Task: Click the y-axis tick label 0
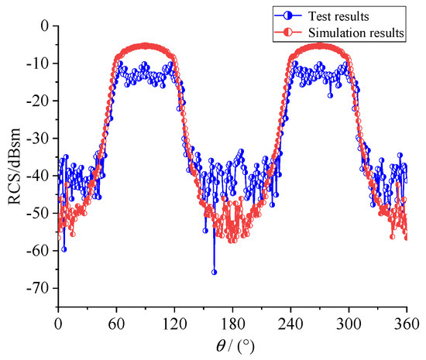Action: pos(48,26)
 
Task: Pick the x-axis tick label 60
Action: pos(116,321)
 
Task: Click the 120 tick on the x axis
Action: pos(174,321)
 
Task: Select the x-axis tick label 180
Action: pos(232,321)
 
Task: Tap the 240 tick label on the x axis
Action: pos(290,321)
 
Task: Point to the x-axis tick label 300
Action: pos(349,321)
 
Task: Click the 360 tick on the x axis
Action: pos(406,321)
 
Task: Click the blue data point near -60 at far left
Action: pos(64,249)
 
